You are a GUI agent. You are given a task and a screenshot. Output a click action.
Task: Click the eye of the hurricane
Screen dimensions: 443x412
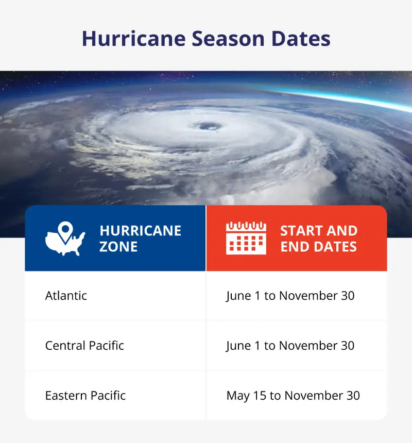tap(208, 126)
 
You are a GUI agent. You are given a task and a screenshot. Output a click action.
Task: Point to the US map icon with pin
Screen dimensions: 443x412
tap(65, 240)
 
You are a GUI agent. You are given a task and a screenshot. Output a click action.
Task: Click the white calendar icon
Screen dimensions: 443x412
tap(246, 238)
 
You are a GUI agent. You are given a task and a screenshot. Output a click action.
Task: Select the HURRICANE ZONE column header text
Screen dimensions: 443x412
tap(140, 238)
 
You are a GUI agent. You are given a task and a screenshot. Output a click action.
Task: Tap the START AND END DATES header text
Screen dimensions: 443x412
tap(318, 238)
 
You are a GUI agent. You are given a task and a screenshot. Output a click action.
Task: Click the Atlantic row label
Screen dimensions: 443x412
tap(66, 296)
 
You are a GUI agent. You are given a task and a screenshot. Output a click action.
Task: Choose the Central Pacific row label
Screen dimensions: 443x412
tap(84, 345)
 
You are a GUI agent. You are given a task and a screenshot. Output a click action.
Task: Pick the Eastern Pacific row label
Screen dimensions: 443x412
tap(85, 396)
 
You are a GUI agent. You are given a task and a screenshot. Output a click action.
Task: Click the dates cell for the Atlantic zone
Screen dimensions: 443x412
tap(290, 296)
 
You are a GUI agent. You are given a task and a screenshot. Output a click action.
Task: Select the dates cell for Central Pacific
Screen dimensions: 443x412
tap(290, 345)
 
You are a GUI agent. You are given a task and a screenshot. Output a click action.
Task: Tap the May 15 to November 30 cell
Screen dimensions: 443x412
tap(293, 396)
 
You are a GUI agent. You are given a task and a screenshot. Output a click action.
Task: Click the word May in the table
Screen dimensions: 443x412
tap(237, 396)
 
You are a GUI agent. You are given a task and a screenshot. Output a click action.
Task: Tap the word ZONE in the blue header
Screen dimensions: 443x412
tap(118, 247)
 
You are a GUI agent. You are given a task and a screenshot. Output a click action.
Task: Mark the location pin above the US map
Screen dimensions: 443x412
tap(64, 229)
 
